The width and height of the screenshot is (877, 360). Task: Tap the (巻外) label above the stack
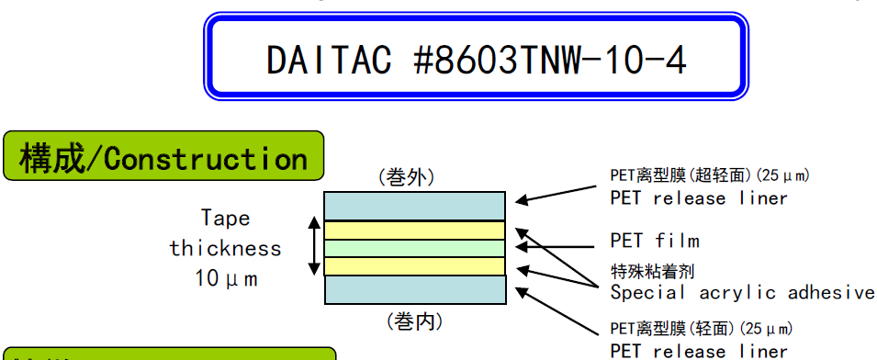tap(406, 177)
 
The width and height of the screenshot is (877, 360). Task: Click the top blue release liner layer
tap(414, 205)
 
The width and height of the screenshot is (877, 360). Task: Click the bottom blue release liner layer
tap(414, 289)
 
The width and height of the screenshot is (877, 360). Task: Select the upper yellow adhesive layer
tap(414, 230)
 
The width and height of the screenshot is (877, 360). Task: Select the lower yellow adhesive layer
tap(414, 266)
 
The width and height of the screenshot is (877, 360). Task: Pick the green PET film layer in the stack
tap(414, 248)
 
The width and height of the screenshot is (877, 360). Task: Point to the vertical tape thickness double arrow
tap(315, 246)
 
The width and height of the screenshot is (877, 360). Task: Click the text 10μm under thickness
tap(226, 276)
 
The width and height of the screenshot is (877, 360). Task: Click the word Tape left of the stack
tap(226, 219)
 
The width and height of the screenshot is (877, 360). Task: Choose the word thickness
tap(226, 248)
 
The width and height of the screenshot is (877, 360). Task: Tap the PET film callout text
tap(654, 242)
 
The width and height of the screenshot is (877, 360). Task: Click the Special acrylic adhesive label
tap(742, 293)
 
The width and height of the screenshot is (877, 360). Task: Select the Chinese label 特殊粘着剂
tap(650, 272)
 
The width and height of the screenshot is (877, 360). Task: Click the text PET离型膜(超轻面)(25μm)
tap(709, 175)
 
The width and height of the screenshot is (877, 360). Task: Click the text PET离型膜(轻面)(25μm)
tap(702, 329)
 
